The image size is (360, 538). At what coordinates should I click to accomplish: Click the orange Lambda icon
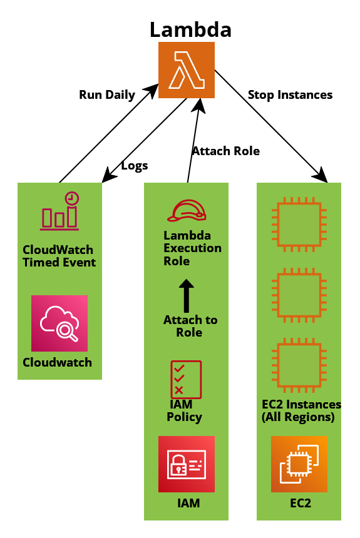tap(187, 70)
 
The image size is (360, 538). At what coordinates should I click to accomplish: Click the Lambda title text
tap(191, 29)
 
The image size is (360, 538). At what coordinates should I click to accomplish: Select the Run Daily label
tap(107, 94)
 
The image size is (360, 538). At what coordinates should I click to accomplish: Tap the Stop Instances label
tap(291, 94)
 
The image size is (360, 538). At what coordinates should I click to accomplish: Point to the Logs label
tap(135, 166)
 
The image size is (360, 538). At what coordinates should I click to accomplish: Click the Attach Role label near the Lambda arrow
tap(226, 151)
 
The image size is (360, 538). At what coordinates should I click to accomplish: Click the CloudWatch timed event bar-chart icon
tap(59, 211)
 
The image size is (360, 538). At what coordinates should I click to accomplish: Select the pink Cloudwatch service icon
tap(59, 323)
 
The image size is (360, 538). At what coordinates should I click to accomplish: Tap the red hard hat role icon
tap(187, 211)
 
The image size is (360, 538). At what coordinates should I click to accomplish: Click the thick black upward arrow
tap(187, 295)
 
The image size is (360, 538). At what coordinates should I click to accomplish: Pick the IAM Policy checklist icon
tap(186, 380)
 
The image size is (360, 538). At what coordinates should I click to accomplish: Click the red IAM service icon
tap(187, 464)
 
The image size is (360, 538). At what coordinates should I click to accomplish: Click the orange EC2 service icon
tap(299, 464)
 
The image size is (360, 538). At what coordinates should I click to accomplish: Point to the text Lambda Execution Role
tap(192, 248)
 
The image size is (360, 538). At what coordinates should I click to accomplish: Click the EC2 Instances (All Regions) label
tap(301, 411)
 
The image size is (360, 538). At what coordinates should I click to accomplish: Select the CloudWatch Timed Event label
tap(59, 256)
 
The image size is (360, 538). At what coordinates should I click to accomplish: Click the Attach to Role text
tap(190, 326)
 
